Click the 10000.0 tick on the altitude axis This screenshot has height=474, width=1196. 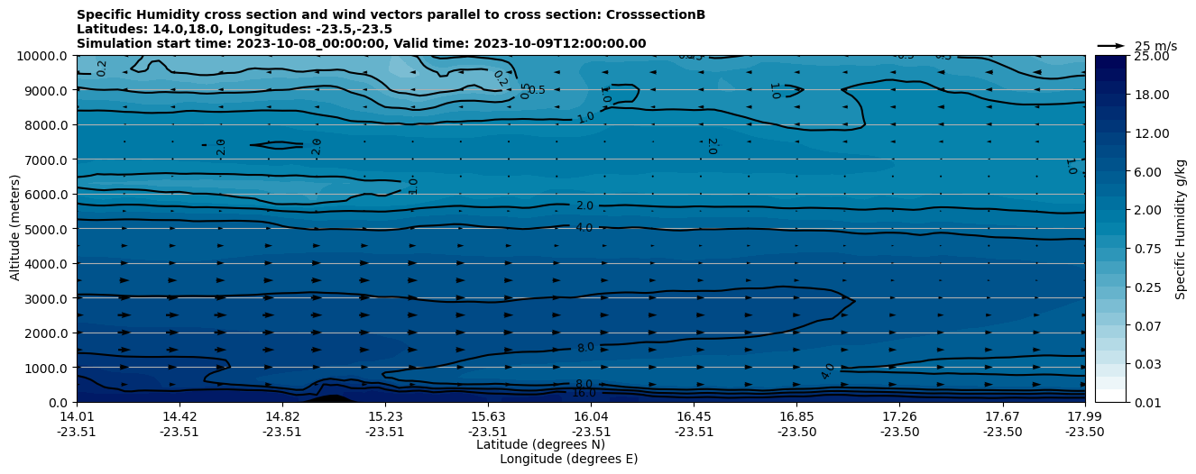point(43,56)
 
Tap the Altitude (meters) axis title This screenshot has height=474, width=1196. point(15,229)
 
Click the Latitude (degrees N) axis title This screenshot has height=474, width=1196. point(540,444)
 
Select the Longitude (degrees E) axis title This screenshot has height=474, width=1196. point(568,459)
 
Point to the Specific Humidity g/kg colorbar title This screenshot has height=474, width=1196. point(1181,229)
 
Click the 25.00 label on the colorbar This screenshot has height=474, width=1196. point(1148,56)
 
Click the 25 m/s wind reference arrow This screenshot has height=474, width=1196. point(1111,45)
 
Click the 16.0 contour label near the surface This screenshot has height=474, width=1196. point(584,393)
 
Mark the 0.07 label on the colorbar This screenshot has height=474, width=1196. point(1145,325)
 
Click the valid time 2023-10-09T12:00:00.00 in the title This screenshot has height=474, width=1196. point(565,43)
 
